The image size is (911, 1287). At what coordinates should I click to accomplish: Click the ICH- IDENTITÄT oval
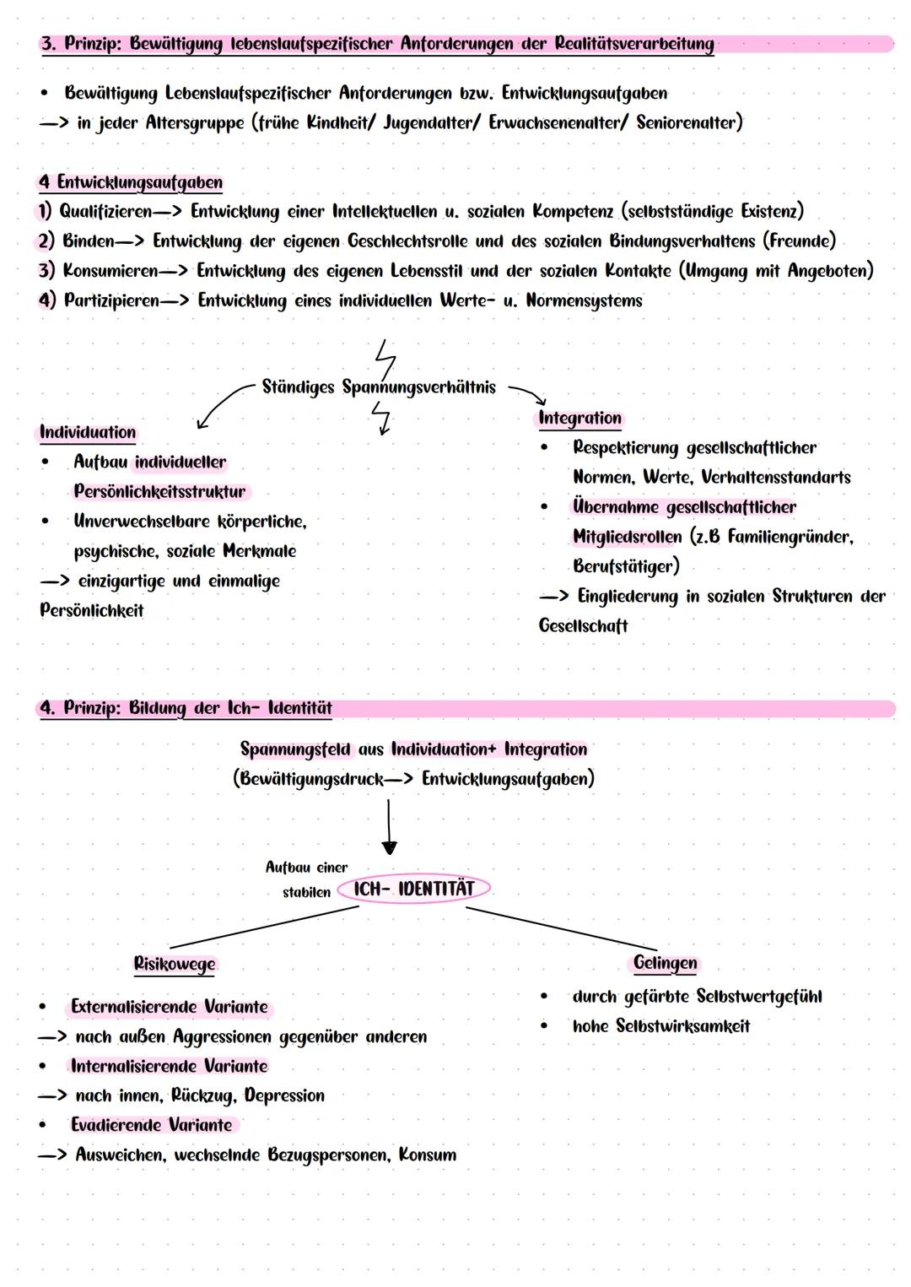coord(413,889)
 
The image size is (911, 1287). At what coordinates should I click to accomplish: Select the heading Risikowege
coord(175,964)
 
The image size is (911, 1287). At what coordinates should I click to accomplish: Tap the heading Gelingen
coord(665,963)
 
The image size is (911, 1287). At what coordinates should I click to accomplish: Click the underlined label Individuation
coord(88,433)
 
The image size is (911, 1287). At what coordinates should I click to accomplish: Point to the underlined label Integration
coord(579,419)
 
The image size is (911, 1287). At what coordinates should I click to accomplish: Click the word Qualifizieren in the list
coord(105,211)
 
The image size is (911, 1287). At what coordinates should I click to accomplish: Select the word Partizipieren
coord(111,301)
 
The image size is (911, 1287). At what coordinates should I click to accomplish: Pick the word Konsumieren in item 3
coord(110,271)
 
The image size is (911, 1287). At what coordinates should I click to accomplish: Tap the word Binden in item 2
coord(88,241)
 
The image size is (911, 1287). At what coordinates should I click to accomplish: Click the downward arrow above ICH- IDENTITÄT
coord(389,827)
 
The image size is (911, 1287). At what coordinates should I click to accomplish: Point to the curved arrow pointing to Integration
coord(527,394)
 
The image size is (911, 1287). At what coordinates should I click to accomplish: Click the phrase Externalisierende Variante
coord(169,1007)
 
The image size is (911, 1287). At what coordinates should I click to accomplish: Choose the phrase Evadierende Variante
coord(151,1125)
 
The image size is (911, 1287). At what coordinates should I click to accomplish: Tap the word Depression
coord(284,1095)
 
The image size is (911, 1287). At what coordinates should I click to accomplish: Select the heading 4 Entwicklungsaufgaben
coord(131,182)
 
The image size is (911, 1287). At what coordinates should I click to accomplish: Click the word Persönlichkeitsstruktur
coord(159,491)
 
